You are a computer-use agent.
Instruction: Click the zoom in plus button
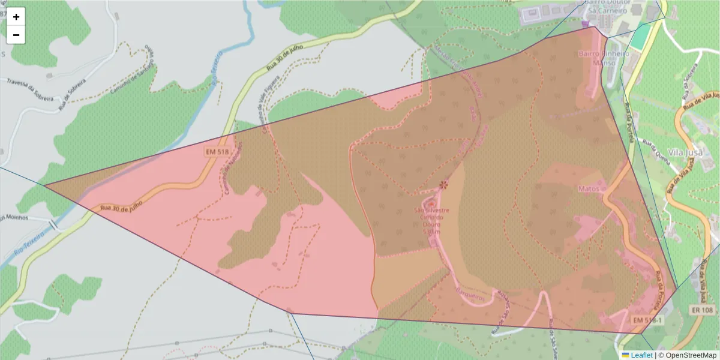click(16, 17)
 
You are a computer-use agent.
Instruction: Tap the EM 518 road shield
click(217, 152)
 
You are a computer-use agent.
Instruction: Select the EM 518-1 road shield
click(646, 320)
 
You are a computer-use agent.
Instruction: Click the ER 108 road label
click(702, 310)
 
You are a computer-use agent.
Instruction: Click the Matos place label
click(589, 188)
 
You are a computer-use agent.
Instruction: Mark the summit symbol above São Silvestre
click(443, 185)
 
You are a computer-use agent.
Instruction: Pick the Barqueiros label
click(470, 293)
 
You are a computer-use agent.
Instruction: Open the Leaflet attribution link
click(641, 355)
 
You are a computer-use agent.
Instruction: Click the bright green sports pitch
click(641, 37)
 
